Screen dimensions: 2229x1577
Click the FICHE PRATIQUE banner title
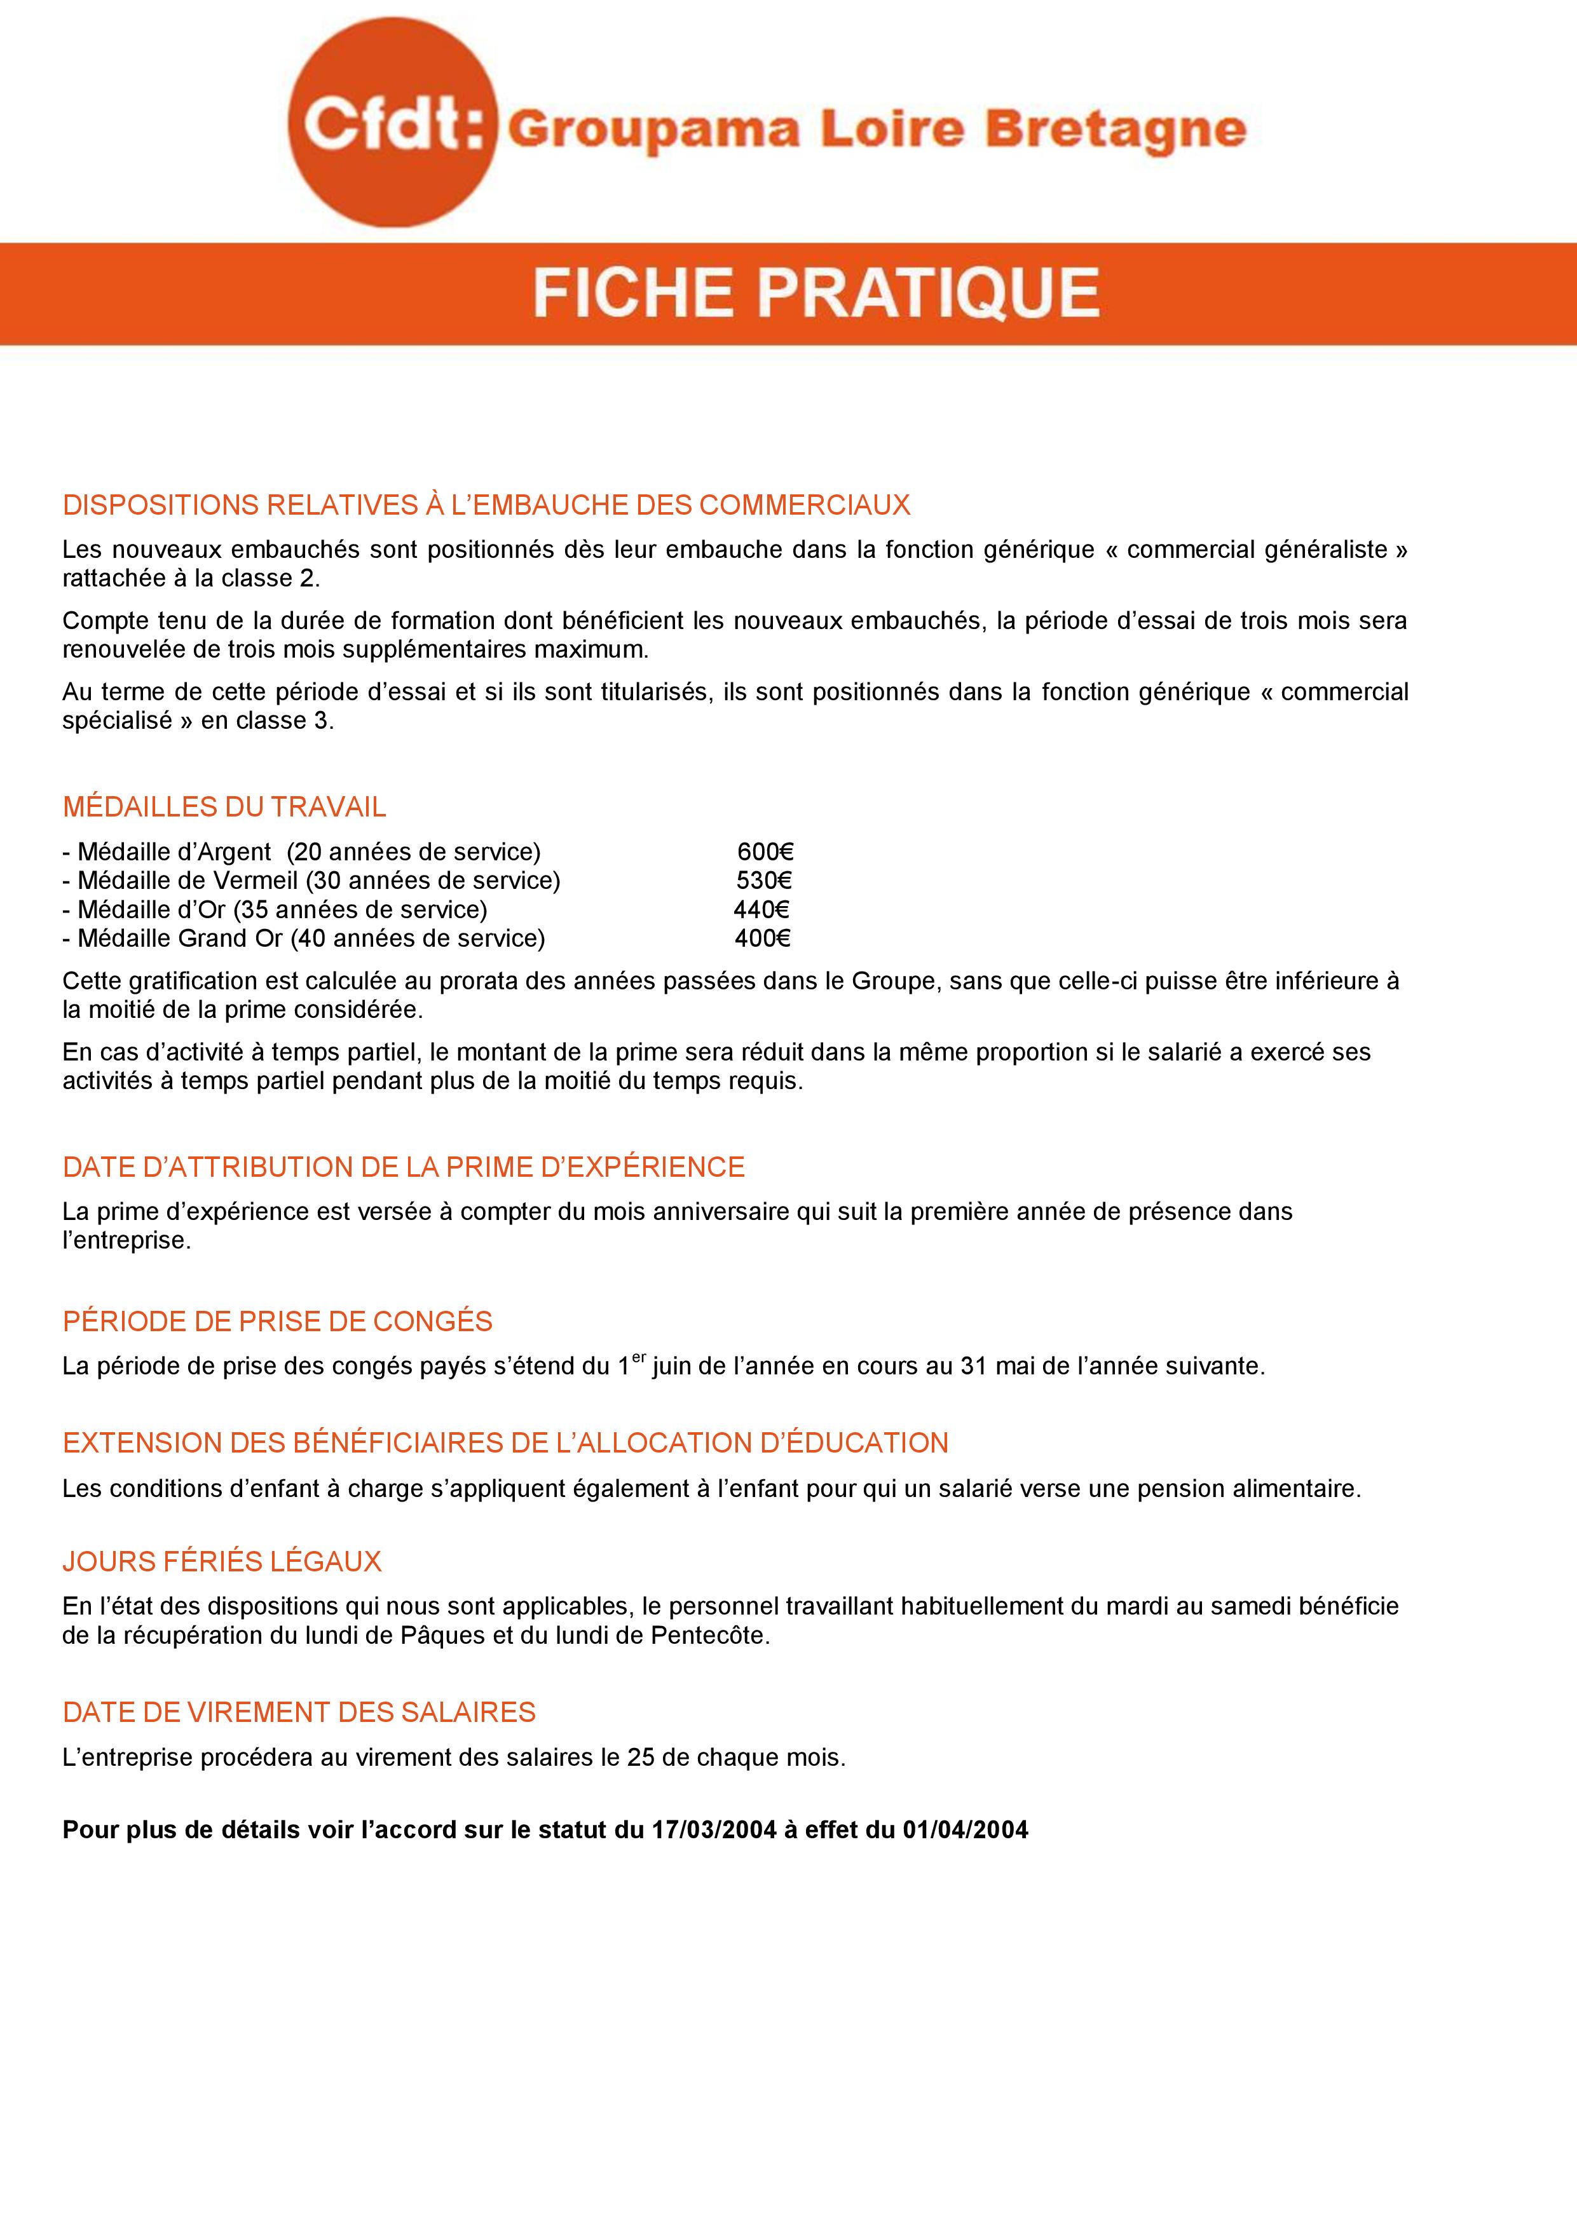click(x=816, y=292)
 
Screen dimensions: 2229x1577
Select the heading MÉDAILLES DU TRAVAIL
click(x=224, y=807)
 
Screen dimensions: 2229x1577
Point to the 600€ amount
click(x=765, y=851)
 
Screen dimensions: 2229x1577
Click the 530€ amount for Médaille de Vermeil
click(x=764, y=881)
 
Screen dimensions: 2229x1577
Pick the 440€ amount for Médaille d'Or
click(x=761, y=910)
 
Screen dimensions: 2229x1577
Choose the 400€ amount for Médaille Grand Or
click(x=762, y=938)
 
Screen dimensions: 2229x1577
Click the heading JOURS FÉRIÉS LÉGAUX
click(x=222, y=1561)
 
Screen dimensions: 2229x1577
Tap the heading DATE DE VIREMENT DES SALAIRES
click(x=299, y=1712)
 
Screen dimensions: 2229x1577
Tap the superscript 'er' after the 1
click(x=639, y=1357)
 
